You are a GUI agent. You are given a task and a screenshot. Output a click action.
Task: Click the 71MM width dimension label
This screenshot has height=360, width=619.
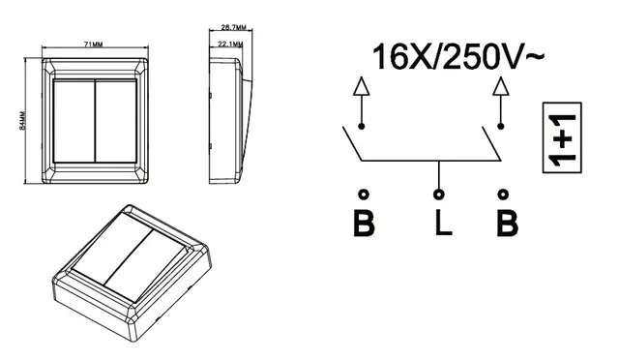[94, 45]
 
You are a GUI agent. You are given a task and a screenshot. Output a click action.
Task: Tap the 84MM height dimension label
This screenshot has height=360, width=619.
[22, 121]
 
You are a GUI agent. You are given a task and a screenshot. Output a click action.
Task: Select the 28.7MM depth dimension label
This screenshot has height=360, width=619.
[233, 28]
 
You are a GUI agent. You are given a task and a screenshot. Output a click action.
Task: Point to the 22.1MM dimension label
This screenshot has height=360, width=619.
[230, 44]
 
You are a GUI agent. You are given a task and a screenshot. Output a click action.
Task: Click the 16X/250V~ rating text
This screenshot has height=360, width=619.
[458, 57]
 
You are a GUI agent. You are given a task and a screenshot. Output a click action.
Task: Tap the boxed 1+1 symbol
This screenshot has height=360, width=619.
[562, 137]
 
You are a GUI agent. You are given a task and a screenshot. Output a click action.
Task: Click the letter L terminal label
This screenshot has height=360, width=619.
[443, 223]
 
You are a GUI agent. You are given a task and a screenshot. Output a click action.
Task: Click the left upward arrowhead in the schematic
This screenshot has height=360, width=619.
[361, 86]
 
